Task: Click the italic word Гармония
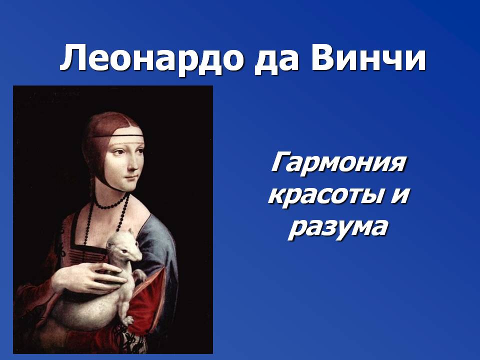(x=338, y=163)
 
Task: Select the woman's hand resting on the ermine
(x=89, y=277)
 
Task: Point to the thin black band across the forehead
(x=117, y=136)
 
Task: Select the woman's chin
(x=130, y=186)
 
